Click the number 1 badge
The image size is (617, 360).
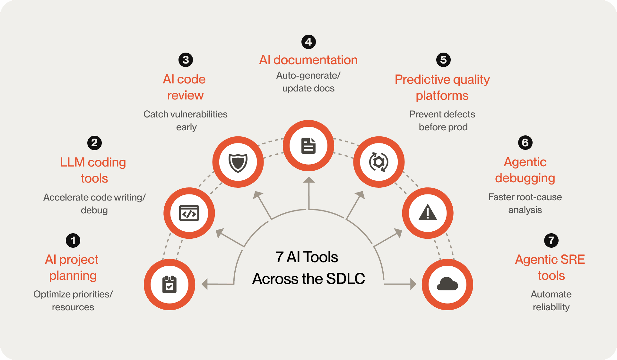[73, 240]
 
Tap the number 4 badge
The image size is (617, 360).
[308, 42]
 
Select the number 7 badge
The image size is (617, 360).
[551, 240]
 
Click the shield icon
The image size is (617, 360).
[238, 162]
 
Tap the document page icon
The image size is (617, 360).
[308, 146]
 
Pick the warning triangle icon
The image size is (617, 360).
[428, 213]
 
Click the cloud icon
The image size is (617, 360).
[448, 284]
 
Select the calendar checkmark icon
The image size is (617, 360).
[169, 284]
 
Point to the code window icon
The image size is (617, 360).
[189, 213]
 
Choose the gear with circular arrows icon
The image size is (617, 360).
[379, 162]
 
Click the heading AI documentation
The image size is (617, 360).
[308, 60]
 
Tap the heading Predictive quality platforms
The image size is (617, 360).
[442, 87]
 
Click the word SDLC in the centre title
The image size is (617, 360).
[345, 279]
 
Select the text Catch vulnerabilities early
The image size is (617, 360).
[186, 120]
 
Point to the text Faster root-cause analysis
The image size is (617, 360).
[525, 203]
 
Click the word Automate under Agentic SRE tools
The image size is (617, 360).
[551, 294]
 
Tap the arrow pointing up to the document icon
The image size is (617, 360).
[309, 193]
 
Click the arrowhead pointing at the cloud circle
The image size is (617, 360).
[413, 284]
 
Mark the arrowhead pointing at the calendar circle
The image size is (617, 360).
[205, 284]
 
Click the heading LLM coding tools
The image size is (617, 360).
[93, 170]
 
